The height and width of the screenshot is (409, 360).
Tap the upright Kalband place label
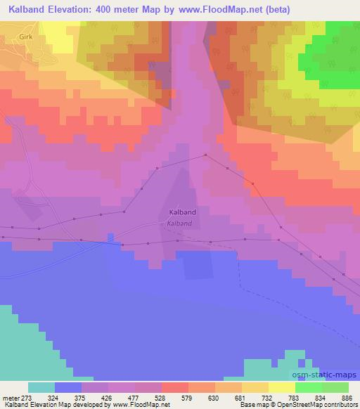183,212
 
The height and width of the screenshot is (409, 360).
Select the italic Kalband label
179,224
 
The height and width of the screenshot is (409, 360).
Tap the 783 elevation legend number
283,397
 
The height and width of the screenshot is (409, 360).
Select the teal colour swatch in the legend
41,387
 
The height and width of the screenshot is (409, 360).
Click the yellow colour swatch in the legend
282,387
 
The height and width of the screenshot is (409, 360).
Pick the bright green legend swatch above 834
309,387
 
